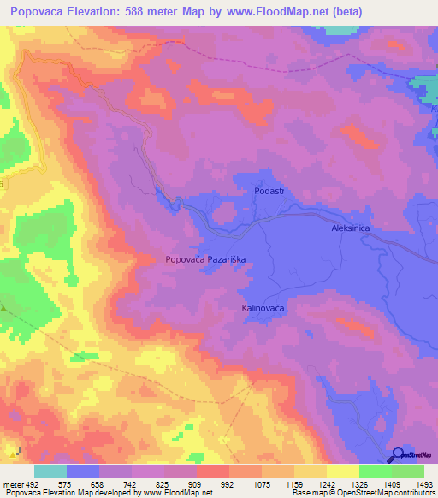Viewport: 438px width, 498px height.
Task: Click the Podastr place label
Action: tap(268, 193)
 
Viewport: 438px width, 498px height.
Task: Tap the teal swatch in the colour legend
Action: tap(50, 471)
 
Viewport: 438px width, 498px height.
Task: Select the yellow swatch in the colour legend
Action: tap(343, 471)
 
